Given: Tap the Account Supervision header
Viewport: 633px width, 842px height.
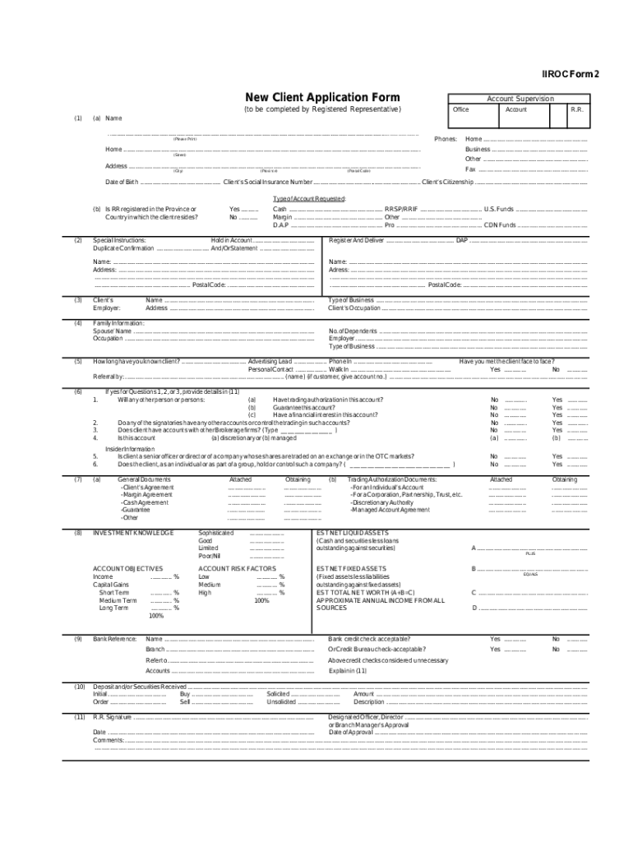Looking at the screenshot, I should click(x=520, y=99).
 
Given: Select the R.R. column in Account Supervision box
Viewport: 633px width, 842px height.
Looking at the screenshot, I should click(x=577, y=109).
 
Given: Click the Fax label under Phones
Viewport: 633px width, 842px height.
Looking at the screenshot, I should click(x=470, y=169).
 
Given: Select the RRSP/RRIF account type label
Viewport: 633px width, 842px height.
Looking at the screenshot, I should click(x=401, y=210).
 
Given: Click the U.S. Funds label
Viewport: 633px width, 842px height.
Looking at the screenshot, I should click(x=499, y=210).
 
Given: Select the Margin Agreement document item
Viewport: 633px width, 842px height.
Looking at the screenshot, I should click(x=146, y=494).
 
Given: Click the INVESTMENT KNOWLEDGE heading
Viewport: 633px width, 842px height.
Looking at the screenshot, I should click(x=133, y=533).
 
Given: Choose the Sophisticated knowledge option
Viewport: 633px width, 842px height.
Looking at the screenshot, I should click(x=216, y=533).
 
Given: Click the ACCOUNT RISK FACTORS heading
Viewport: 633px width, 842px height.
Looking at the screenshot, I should click(x=237, y=568).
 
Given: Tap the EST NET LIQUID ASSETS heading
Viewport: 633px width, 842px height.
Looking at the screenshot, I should click(x=358, y=533).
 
